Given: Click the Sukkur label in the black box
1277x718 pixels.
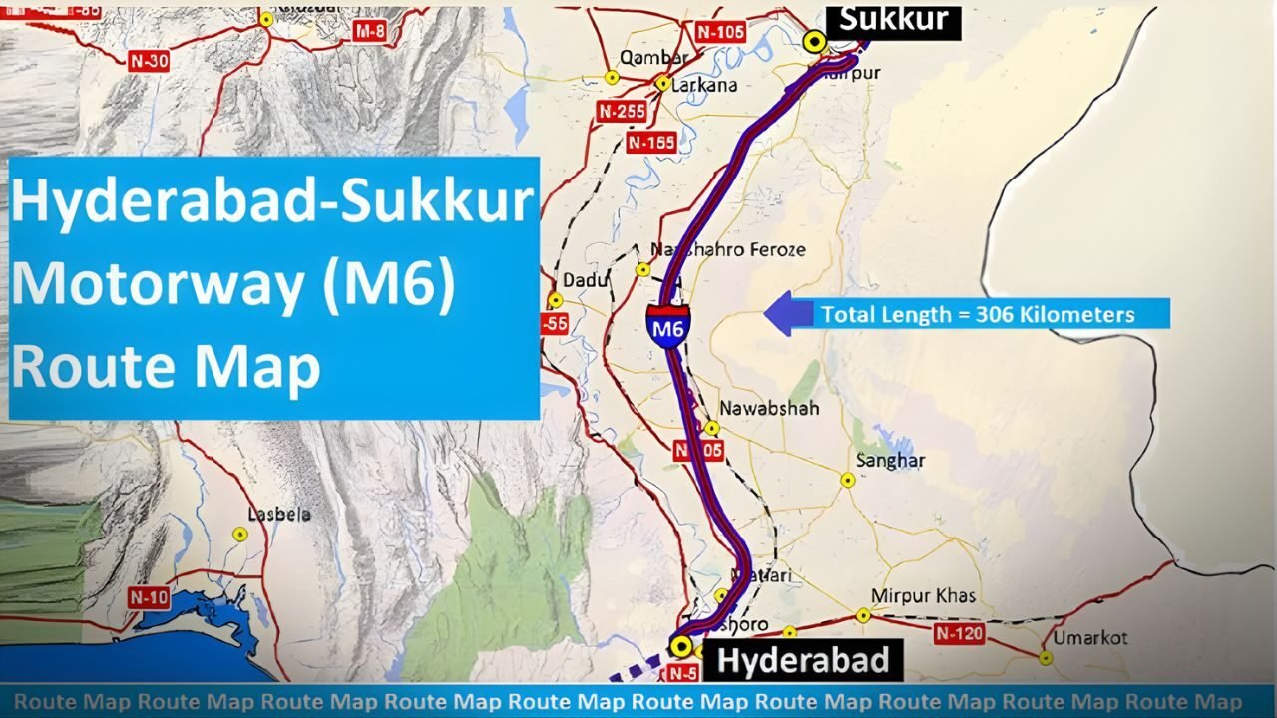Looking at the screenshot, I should (893, 19).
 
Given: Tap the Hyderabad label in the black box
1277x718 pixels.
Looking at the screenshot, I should (803, 660).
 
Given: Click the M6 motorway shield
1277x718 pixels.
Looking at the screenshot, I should (667, 325).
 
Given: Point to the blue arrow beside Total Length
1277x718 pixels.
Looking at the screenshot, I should (787, 314).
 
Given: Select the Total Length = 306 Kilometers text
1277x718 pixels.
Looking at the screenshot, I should (978, 315).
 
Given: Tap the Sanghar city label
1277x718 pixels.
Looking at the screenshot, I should (891, 461).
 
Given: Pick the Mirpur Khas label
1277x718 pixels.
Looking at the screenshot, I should (923, 596).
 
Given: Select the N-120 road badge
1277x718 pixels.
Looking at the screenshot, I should (960, 633).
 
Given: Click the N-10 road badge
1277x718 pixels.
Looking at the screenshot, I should (149, 598).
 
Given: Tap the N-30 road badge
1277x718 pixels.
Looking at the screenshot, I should (149, 60).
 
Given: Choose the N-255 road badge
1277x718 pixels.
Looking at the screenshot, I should (622, 112).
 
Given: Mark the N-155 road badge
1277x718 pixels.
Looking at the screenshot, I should (651, 143).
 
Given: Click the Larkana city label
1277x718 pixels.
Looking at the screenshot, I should (704, 85).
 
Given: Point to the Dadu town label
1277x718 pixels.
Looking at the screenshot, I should (586, 280).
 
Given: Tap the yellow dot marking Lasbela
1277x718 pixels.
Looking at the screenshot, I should (240, 535).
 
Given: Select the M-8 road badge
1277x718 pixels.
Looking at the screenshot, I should (370, 32).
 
